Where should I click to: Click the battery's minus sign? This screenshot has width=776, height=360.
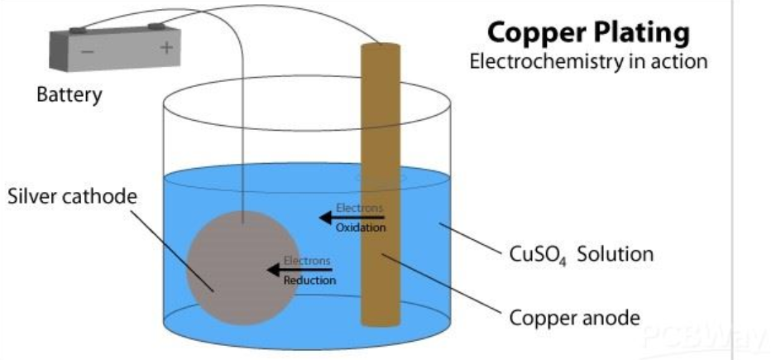pos(87,51)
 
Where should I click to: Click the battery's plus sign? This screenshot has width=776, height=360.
pos(167,48)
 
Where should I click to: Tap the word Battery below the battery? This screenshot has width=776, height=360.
pos(69,94)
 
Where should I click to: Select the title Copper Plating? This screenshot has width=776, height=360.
pos(588,32)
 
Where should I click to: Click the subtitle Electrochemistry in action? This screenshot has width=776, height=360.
pos(588,63)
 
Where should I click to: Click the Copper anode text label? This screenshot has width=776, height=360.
pos(574,317)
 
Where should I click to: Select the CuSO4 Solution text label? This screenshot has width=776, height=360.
pos(580,253)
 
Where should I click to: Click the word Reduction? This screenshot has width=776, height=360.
pos(309,281)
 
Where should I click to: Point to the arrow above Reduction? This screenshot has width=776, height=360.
pos(299,269)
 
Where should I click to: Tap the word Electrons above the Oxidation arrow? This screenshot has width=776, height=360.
pos(359,207)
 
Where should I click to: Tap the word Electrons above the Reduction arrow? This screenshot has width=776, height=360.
pos(308,260)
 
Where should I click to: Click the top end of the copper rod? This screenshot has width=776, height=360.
pos(380,46)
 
